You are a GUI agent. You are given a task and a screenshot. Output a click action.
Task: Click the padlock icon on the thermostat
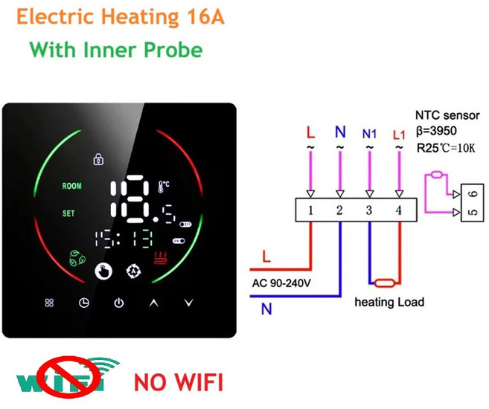click(99, 159)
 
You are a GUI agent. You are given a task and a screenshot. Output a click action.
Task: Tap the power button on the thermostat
click(119, 303)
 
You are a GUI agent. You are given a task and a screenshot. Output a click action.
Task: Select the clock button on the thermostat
click(84, 303)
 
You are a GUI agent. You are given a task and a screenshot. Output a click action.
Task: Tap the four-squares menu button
click(49, 303)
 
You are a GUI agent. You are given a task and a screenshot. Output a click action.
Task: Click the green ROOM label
click(71, 186)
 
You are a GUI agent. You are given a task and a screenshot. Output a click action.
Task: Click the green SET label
click(68, 213)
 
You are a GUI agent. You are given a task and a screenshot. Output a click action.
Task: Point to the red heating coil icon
click(161, 258)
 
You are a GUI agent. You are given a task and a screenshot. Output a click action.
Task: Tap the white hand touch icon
click(103, 271)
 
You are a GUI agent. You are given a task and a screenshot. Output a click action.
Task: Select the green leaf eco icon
click(77, 258)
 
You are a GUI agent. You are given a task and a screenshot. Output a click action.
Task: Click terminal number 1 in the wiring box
click(310, 210)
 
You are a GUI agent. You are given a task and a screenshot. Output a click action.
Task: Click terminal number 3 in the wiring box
click(369, 210)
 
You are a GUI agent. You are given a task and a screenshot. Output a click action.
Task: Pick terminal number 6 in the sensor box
click(473, 194)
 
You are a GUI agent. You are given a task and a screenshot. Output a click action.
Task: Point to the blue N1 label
click(369, 135)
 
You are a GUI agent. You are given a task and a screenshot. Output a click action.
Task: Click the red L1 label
click(399, 135)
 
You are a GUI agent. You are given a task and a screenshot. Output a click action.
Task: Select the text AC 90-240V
click(281, 283)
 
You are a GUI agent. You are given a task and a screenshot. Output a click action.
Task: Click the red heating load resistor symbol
click(385, 283)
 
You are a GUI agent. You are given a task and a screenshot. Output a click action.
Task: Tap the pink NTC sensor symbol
click(437, 175)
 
